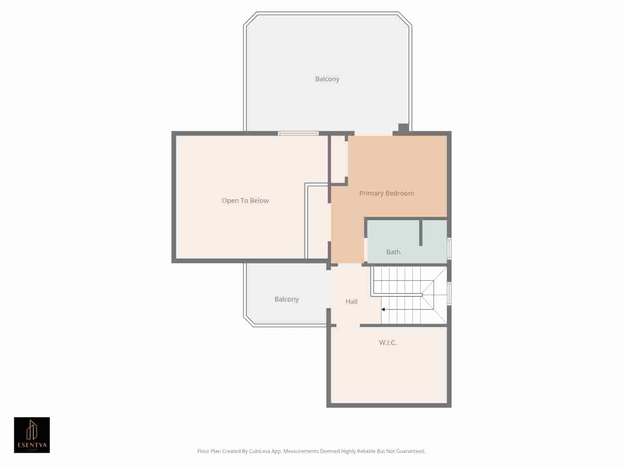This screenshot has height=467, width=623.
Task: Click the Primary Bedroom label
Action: pos(386,193)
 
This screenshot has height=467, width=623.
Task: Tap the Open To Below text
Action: pos(245,200)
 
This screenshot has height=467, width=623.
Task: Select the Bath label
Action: pos(393,252)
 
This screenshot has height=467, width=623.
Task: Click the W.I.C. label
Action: pos(388,342)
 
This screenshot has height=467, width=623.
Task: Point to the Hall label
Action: pos(351,301)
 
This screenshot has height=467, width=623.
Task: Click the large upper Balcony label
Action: pos(327,79)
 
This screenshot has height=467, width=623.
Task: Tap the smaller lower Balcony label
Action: pos(286,299)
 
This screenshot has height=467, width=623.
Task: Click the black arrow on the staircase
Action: pos(383,309)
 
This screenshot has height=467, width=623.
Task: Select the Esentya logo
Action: pos(32,435)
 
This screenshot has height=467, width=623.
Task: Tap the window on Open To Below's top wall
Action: pos(298,133)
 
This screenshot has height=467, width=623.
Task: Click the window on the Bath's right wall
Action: pos(449,248)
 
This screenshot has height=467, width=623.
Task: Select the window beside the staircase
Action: pos(449,294)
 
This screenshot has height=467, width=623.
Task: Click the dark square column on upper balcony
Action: pos(403,128)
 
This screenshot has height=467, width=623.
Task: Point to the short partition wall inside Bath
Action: pos(421,233)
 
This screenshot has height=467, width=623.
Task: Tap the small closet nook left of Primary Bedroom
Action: pos(338,160)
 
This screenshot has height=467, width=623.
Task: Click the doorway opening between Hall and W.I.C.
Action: pos(348,325)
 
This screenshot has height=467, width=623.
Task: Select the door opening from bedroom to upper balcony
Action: pos(373,133)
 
